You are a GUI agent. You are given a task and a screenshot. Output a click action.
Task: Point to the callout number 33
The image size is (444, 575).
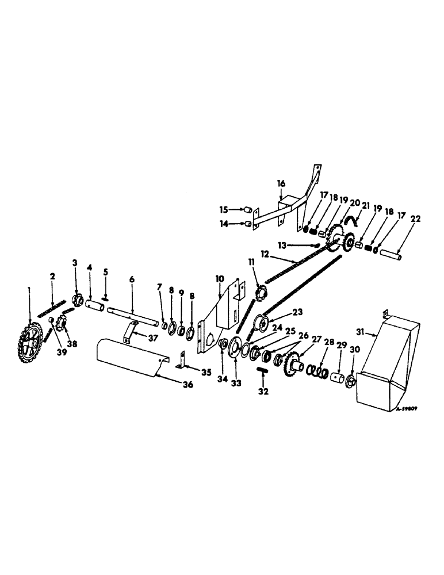[235, 382]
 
